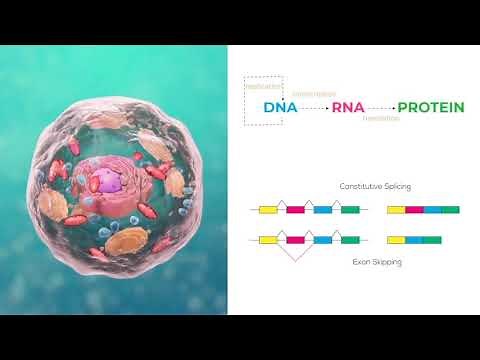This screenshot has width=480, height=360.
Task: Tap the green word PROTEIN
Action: tap(430, 107)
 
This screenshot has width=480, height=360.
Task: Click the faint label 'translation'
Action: tap(381, 119)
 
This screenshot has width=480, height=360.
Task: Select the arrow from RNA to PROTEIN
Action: tap(381, 107)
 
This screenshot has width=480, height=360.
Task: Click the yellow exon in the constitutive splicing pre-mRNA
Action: tap(268, 210)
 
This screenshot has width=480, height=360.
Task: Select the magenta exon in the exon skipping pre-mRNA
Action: tap(296, 240)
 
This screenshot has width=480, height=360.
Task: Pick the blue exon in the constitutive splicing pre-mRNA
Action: tap(322, 210)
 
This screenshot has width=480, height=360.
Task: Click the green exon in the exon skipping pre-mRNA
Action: tap(350, 240)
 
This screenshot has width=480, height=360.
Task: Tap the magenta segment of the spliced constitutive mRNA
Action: tap(414, 210)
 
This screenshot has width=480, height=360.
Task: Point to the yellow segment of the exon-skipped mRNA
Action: tap(396, 240)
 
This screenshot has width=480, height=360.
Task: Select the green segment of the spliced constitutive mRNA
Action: tap(450, 210)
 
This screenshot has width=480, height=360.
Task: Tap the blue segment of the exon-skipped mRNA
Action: tap(414, 240)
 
